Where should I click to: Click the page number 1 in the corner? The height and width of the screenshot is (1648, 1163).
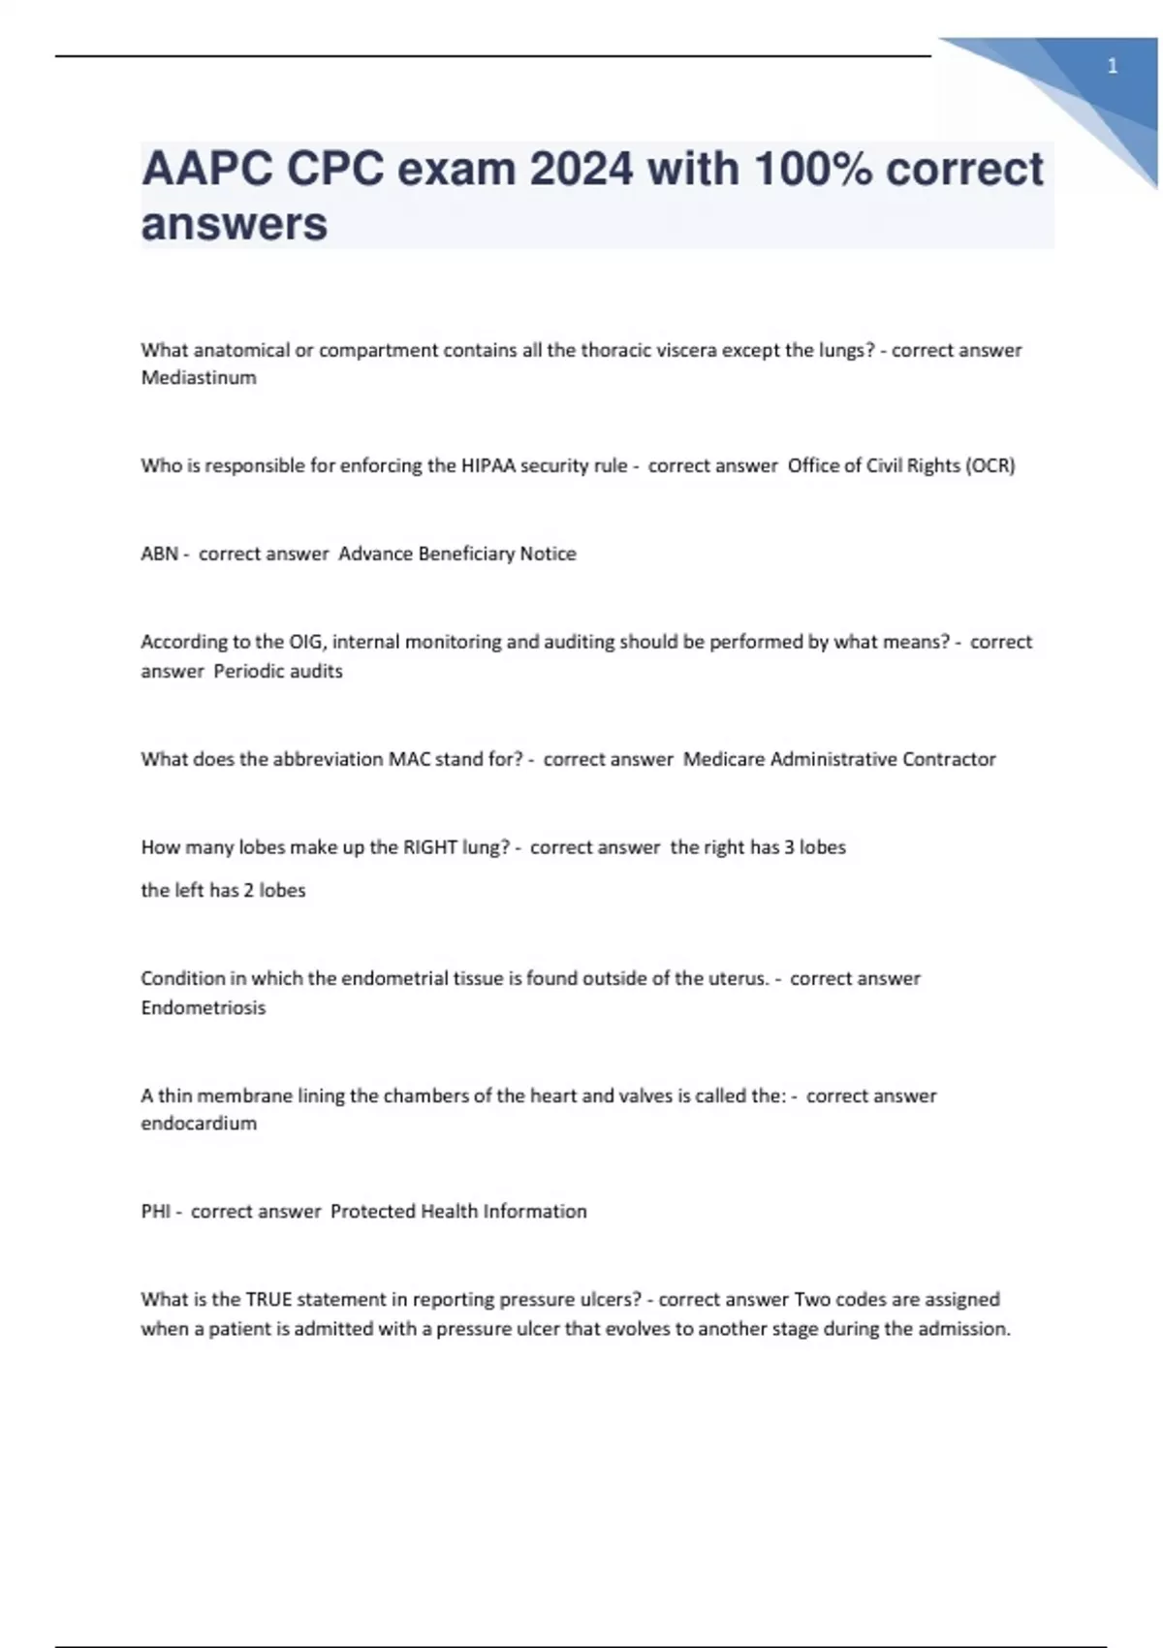[1112, 67]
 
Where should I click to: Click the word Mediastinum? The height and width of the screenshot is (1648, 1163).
[199, 378]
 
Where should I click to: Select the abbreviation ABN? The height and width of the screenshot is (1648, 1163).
[157, 554]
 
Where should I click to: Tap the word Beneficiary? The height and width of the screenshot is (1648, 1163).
[464, 554]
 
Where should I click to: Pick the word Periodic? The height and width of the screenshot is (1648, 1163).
[244, 671]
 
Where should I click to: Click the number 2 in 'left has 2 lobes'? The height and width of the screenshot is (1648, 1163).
[249, 890]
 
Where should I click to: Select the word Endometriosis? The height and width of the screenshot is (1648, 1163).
[203, 1007]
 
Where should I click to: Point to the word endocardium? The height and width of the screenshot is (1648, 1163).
[199, 1124]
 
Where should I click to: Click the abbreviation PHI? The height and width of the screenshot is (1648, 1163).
[155, 1211]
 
